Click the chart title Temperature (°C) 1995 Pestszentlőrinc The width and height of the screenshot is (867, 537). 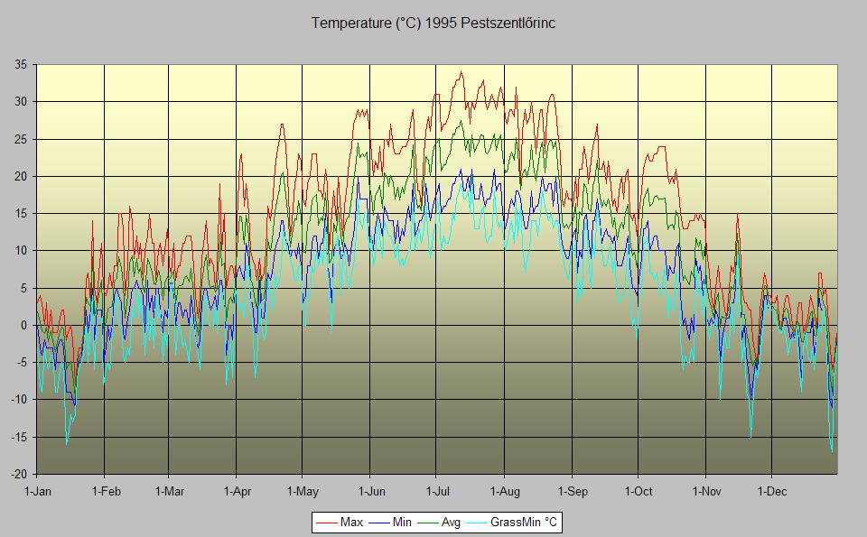pyautogui.click(x=433, y=23)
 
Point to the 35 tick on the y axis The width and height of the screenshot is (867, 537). pyautogui.click(x=20, y=64)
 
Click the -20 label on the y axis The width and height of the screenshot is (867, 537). pyautogui.click(x=18, y=475)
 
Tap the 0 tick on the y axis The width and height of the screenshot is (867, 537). pyautogui.click(x=23, y=325)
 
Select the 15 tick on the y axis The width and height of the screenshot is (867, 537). pyautogui.click(x=20, y=213)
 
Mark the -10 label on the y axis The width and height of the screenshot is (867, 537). pyautogui.click(x=18, y=400)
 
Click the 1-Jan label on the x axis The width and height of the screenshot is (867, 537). pyautogui.click(x=37, y=492)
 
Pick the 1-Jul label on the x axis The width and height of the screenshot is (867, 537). pyautogui.click(x=437, y=492)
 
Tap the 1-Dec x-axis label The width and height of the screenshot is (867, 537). pyautogui.click(x=772, y=492)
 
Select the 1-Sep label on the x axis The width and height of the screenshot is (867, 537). pyautogui.click(x=572, y=492)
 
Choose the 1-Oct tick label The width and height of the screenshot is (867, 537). pyautogui.click(x=638, y=492)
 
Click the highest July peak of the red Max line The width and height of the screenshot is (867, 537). pyautogui.click(x=461, y=72)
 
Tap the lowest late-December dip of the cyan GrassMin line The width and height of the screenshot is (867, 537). pyautogui.click(x=832, y=450)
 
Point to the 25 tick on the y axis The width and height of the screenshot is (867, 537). pyautogui.click(x=20, y=139)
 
